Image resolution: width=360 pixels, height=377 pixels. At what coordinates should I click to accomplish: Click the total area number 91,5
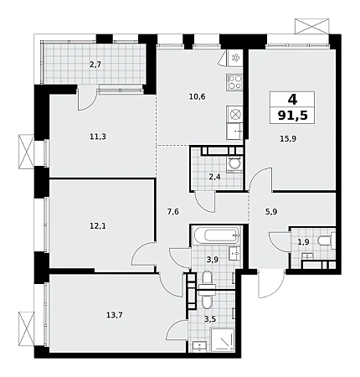[293, 115]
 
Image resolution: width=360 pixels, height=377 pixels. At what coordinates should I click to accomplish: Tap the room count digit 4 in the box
[292, 99]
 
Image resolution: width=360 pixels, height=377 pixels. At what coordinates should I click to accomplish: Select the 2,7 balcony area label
[95, 65]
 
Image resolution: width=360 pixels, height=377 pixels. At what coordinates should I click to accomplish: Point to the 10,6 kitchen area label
[197, 97]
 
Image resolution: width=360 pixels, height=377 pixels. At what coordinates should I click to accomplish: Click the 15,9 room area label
[288, 139]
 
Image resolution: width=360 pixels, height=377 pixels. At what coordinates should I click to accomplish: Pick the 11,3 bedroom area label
[98, 137]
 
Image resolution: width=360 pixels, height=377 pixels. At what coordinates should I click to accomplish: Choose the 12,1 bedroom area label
[98, 225]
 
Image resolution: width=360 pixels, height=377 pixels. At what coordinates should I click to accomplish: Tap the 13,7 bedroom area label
[115, 315]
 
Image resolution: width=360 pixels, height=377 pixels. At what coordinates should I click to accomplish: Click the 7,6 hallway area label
[172, 212]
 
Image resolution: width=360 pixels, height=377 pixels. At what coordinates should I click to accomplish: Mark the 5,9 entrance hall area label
[271, 212]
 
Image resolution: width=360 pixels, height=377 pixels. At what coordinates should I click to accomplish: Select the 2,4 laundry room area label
[214, 177]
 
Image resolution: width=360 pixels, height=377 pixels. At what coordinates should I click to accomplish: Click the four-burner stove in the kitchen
[234, 82]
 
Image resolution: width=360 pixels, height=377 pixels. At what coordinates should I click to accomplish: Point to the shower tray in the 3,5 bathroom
[223, 340]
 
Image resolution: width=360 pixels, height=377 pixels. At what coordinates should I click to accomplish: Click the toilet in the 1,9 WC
[326, 240]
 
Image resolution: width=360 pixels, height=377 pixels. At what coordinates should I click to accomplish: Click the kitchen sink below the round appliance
[234, 132]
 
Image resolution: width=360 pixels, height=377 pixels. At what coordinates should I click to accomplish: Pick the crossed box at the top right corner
[312, 26]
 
